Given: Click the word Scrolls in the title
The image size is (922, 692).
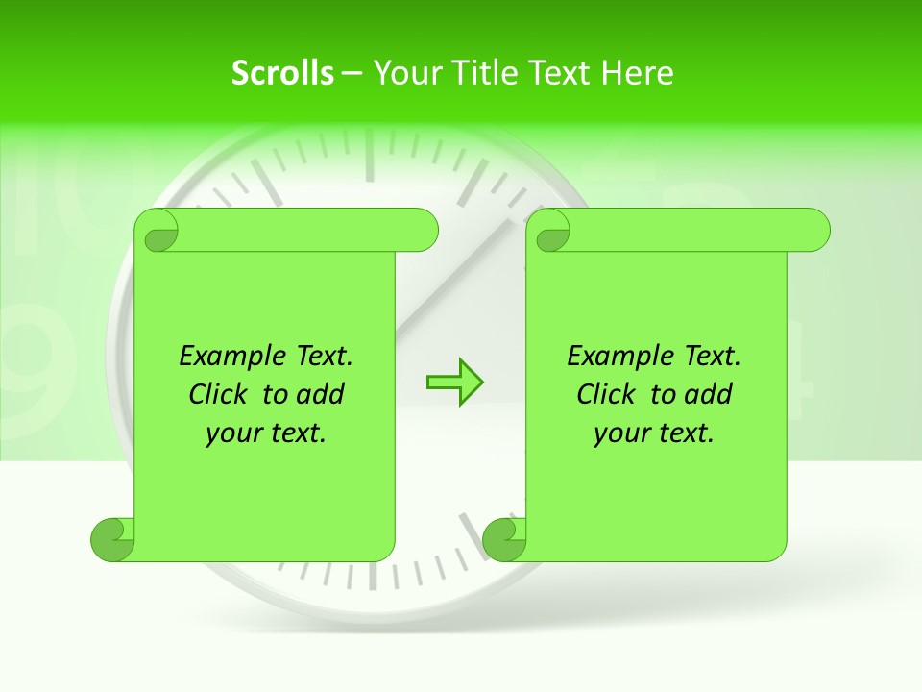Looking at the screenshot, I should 283,72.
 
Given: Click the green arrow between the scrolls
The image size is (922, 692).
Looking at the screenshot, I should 454,383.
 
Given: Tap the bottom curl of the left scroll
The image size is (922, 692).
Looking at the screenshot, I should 112,539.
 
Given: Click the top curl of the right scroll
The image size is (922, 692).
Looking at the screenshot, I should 552,231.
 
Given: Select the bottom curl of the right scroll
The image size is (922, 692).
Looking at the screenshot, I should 504,539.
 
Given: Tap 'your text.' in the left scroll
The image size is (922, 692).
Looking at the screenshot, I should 266,432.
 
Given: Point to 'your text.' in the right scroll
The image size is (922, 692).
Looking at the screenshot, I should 654,432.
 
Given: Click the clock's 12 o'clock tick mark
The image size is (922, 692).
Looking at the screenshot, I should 369,154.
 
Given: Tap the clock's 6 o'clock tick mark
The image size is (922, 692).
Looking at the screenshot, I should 371,575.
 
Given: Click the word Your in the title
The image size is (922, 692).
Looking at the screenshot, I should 404,72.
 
